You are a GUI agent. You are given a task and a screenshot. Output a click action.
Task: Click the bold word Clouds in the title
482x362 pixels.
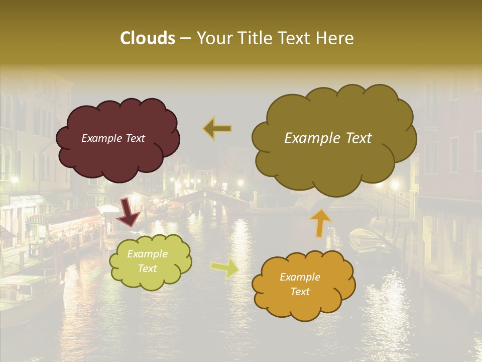click(x=147, y=38)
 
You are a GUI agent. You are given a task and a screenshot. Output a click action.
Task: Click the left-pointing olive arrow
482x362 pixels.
click(x=217, y=128)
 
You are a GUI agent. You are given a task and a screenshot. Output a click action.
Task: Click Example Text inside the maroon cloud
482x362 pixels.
click(x=113, y=138)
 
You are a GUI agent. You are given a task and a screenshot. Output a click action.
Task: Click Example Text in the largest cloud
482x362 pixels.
click(x=328, y=138)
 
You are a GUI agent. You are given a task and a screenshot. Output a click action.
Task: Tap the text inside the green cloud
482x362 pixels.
click(x=147, y=261)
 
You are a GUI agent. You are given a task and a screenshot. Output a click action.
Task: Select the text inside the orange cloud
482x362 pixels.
click(x=300, y=284)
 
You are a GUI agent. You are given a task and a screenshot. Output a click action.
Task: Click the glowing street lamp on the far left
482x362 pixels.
click(x=14, y=179)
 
